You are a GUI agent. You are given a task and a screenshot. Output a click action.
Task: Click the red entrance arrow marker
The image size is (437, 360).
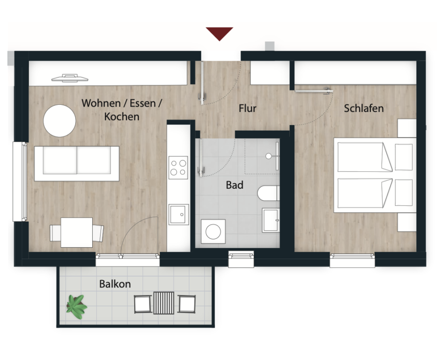click(219, 33)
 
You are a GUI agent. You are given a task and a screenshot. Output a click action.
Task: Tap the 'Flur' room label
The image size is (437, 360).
click(247, 108)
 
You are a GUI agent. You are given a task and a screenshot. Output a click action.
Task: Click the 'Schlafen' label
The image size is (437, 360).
click(364, 108)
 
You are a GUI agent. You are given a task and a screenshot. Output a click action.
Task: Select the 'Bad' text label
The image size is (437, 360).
click(235, 185)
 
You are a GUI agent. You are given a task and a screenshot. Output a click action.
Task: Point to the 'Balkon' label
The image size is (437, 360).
click(115, 284)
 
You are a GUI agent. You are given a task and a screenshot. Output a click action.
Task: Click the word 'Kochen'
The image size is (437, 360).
click(122, 117)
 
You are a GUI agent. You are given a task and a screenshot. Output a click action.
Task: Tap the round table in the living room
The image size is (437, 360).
click(59, 121)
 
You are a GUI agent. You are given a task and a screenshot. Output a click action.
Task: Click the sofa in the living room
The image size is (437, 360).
click(76, 163)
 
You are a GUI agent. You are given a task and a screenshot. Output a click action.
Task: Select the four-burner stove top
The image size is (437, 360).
click(178, 167)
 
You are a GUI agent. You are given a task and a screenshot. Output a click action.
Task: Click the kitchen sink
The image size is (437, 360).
click(179, 214)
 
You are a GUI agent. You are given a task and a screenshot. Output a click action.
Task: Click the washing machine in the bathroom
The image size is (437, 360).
click(213, 231)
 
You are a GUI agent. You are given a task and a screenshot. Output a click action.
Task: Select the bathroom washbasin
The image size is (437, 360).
click(271, 220)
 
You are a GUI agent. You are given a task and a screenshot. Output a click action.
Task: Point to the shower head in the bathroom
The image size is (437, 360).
click(268, 156)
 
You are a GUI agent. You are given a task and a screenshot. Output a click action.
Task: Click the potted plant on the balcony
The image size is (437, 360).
click(76, 307)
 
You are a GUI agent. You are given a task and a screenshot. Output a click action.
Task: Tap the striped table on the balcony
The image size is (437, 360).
click(163, 303)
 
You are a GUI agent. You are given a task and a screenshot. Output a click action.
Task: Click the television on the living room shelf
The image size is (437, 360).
click(70, 78)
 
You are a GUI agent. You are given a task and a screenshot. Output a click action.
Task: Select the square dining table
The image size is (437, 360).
click(76, 233)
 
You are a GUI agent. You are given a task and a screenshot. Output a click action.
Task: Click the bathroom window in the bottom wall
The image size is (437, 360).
click(241, 259)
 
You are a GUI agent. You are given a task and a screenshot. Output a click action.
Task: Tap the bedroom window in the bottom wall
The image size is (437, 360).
click(352, 260)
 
